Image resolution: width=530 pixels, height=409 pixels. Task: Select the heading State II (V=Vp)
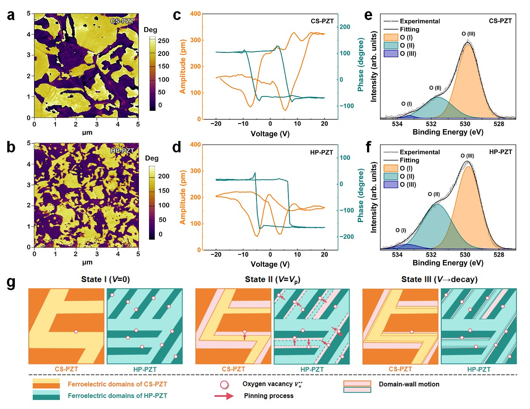coord(272,280)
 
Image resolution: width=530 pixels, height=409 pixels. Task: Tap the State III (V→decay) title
coord(439,280)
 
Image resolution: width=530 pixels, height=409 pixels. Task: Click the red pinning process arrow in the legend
coord(226,396)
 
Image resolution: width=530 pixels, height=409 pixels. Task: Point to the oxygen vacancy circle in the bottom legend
coord(224,385)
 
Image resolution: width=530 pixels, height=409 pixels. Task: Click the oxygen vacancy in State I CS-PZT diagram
coord(76,332)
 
